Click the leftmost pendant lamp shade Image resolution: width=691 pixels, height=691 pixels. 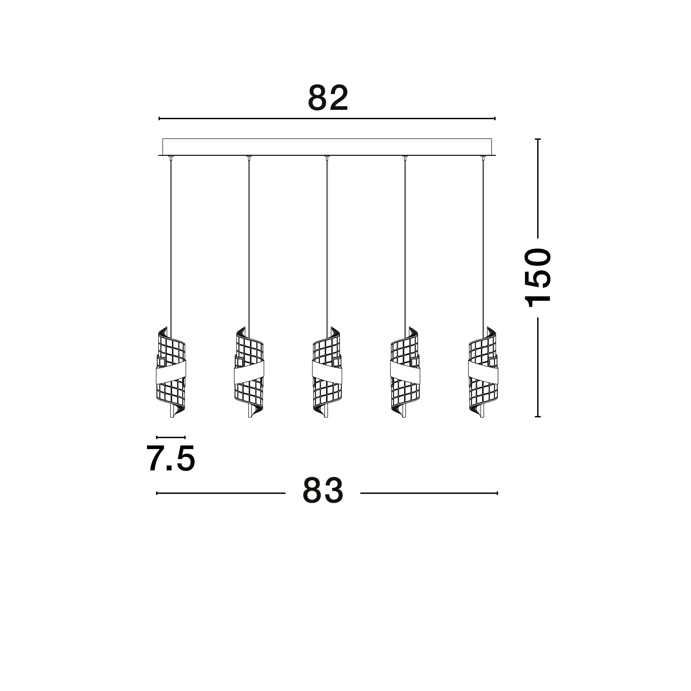pos(171,372)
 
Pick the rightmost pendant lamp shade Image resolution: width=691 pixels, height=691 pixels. pos(483,372)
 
